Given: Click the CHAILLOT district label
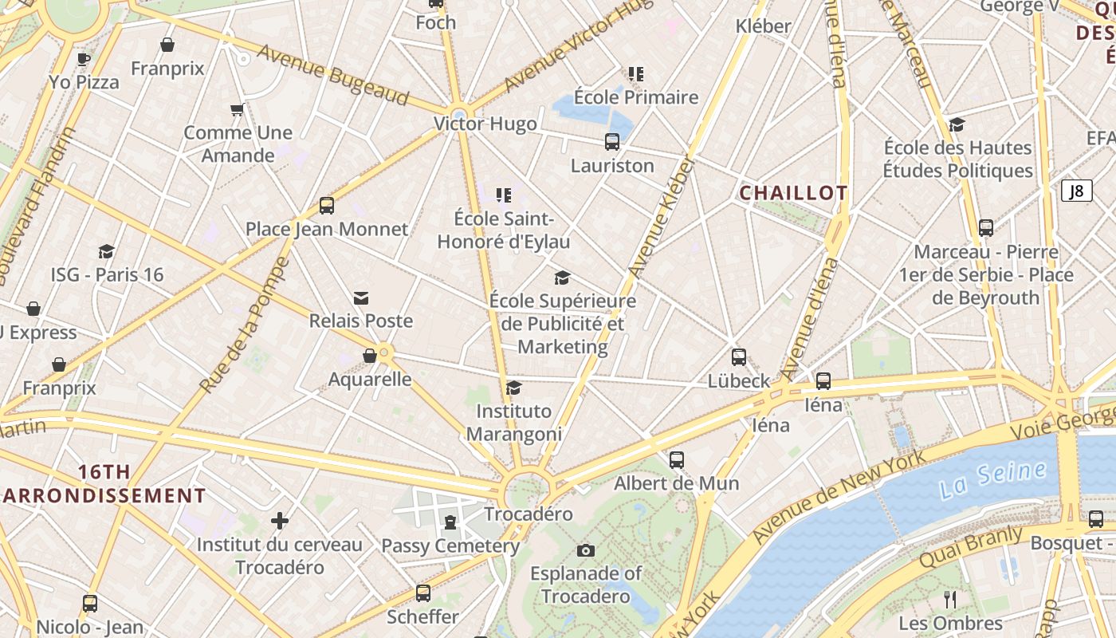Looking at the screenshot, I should [793, 193].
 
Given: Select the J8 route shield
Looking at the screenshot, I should [1076, 191].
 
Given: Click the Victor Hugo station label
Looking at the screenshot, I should [485, 124].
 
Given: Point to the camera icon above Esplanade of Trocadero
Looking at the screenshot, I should [586, 550].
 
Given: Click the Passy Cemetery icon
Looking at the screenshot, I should [450, 523].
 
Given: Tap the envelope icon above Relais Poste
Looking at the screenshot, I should [361, 298].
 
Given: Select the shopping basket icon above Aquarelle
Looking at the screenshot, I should [370, 356].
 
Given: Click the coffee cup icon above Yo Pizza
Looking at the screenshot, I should [84, 58].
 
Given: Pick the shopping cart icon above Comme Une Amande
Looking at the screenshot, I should [237, 110].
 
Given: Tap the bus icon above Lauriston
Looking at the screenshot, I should [612, 142].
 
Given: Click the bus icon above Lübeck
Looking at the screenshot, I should [739, 357].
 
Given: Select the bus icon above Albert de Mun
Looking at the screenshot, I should [677, 459].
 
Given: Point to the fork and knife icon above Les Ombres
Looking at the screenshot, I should [950, 599].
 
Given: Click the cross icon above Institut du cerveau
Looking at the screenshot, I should [279, 521].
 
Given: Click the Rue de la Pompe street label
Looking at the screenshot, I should [244, 325].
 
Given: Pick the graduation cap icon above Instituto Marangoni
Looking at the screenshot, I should [514, 388].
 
